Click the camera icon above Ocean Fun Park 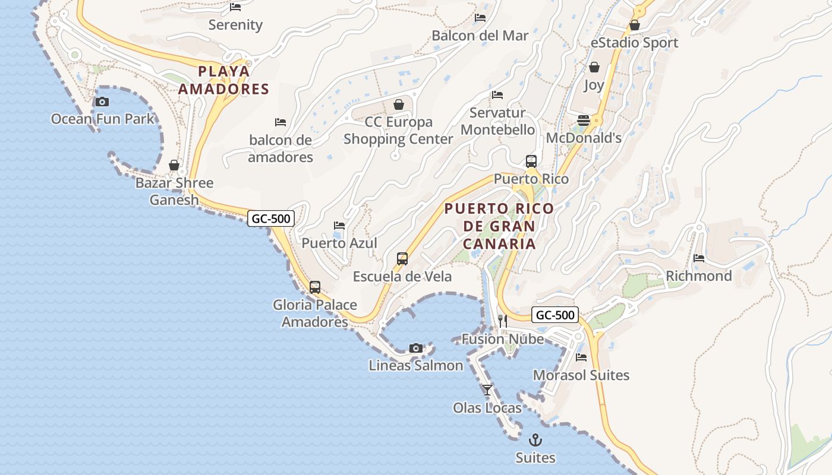(x=102, y=102)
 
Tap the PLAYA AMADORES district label (x=224, y=80)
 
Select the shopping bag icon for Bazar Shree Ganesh (x=174, y=165)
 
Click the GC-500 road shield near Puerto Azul (x=271, y=218)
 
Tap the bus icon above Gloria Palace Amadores (x=315, y=287)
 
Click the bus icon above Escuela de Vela (x=402, y=259)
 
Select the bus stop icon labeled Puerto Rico (x=531, y=161)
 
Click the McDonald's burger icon (x=584, y=121)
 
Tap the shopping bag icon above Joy (x=594, y=68)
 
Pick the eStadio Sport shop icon (x=635, y=26)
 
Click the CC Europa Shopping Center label (x=398, y=131)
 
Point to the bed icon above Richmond (x=699, y=258)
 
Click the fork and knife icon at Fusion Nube (x=503, y=321)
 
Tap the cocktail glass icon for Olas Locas (x=487, y=390)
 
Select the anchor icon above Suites (x=535, y=440)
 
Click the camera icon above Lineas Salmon (x=416, y=348)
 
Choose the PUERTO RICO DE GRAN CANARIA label (x=499, y=226)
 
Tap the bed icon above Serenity (x=235, y=7)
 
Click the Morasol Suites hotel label (x=581, y=375)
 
